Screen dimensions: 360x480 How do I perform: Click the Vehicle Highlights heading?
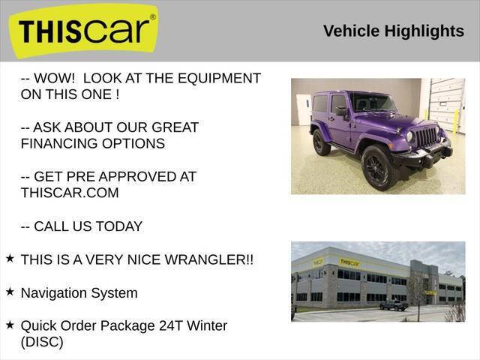[x=394, y=31]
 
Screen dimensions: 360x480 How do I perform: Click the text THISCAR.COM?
[x=70, y=193]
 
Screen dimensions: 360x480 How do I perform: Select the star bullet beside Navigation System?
[x=10, y=291]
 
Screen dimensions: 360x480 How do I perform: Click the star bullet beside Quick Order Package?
[x=10, y=324]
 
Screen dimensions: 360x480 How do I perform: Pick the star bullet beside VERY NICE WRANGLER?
[x=10, y=258]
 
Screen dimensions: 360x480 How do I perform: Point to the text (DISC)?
[x=42, y=342]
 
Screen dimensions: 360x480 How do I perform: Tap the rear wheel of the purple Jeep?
[x=322, y=142]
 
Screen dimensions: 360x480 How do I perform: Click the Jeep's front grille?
[x=426, y=137]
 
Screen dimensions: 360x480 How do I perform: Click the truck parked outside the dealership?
[x=394, y=305]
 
